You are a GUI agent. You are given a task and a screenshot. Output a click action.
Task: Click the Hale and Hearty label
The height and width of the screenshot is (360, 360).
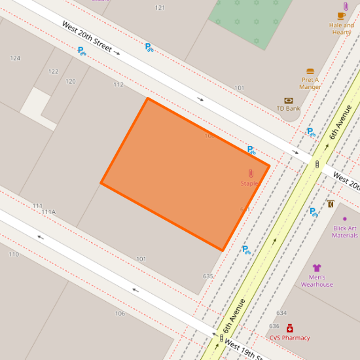click(x=342, y=29)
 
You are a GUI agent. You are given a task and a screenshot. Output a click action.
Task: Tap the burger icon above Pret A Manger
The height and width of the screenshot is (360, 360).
click(x=310, y=71)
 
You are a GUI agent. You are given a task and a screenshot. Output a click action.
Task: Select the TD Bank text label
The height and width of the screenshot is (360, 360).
click(x=288, y=109)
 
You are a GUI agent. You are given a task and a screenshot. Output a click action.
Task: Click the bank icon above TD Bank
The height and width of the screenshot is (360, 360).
click(x=288, y=100)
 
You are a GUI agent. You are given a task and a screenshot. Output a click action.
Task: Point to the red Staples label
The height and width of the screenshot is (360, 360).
click(x=250, y=183)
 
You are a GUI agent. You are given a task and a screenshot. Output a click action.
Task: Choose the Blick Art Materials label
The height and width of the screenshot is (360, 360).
click(x=345, y=232)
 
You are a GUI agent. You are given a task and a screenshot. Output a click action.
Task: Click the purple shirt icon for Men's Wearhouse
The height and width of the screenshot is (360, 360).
click(x=317, y=268)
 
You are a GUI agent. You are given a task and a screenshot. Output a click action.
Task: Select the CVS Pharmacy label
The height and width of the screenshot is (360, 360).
click(x=289, y=338)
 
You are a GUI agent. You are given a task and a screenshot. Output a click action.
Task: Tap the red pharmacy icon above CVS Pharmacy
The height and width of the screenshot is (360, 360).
click(x=289, y=328)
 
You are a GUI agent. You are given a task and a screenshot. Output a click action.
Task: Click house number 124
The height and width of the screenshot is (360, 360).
click(x=15, y=58)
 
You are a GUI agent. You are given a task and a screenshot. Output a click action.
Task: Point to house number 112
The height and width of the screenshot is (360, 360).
click(x=118, y=84)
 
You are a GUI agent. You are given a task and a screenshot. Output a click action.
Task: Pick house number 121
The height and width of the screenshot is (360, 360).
click(x=160, y=8)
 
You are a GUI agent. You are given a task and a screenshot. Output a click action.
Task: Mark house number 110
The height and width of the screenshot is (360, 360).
click(x=14, y=254)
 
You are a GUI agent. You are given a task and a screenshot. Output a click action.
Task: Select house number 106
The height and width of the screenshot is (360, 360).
click(x=120, y=314)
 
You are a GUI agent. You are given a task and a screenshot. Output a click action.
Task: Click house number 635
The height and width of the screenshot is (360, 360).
click(x=207, y=276)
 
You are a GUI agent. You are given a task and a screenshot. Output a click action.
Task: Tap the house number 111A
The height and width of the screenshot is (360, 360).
click(x=48, y=212)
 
